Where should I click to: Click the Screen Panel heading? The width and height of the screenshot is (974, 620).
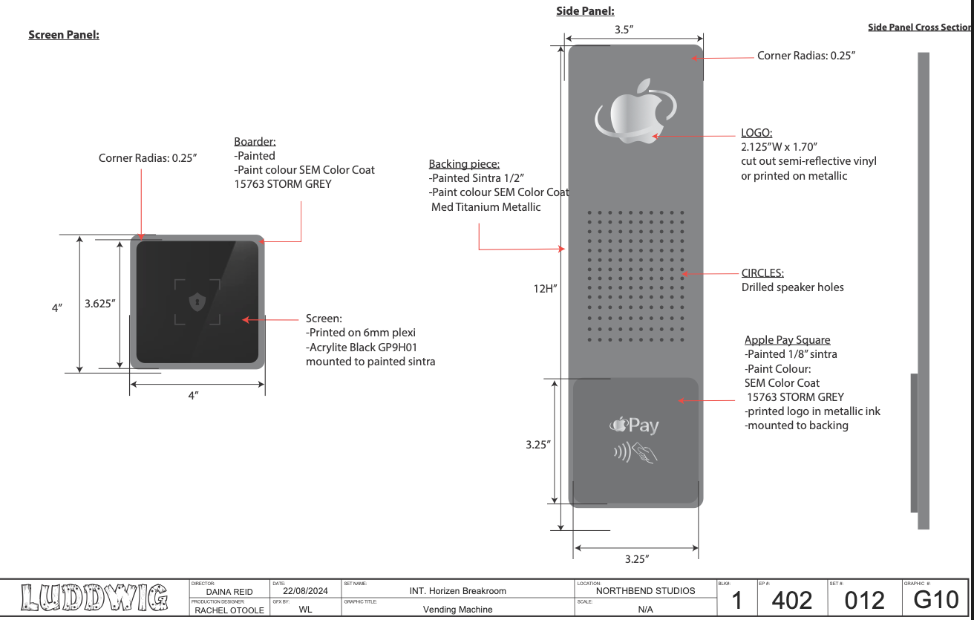coord(64,35)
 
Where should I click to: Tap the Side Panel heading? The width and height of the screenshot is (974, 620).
coord(585,11)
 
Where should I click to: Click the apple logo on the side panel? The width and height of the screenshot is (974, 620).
coord(635,111)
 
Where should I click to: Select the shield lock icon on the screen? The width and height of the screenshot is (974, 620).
coord(197,301)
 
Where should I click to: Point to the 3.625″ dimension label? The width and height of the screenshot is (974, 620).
coord(100,304)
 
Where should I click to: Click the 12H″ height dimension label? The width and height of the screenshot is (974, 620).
coord(545,289)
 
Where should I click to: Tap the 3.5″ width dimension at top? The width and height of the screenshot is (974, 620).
coord(624,30)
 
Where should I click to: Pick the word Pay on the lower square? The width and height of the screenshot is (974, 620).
coord(644,425)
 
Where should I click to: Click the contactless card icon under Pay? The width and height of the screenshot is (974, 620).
coord(635,453)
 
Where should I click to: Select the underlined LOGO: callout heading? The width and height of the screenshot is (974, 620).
coord(756,133)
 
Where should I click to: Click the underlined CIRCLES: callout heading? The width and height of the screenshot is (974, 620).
coord(762,273)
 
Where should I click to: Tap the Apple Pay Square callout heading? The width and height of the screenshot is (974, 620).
coord(787,340)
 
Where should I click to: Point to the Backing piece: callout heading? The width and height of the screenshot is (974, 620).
coord(464,164)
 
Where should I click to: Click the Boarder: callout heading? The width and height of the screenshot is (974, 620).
coord(255,142)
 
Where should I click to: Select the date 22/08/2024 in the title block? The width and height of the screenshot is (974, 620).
coord(305,591)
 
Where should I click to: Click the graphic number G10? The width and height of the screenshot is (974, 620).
coord(935,600)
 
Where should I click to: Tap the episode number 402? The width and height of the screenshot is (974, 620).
coord(791,601)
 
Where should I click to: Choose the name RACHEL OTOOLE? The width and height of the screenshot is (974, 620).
coord(229,610)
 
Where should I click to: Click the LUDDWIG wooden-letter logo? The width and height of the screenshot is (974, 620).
coord(94,598)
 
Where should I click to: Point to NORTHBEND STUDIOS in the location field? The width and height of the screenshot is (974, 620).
coord(645,591)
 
